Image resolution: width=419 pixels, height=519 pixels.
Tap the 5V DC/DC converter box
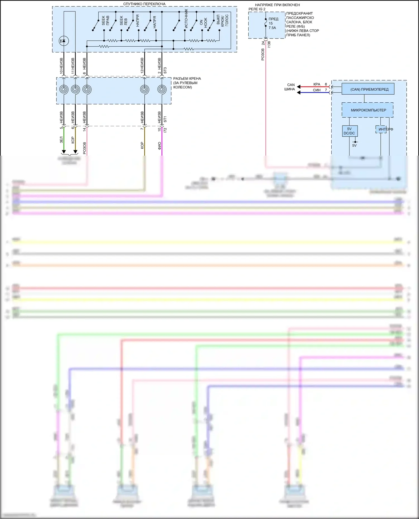pyautogui.click(x=349, y=131)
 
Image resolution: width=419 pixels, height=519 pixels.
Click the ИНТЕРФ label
pyautogui.click(x=385, y=129)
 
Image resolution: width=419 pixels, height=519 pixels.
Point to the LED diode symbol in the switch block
pyautogui.click(x=64, y=41)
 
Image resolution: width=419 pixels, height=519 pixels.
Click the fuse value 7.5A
pyautogui.click(x=272, y=28)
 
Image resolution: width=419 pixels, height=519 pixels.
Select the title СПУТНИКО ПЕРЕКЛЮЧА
pyautogui.click(x=144, y=4)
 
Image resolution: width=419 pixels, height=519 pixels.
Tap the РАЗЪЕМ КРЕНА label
pyautogui.click(x=187, y=79)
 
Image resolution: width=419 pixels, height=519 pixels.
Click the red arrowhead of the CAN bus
pyautogui.click(x=298, y=87)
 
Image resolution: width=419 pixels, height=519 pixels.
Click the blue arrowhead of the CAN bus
pyautogui.click(x=298, y=93)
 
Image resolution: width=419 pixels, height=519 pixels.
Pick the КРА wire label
pyautogui.click(x=316, y=84)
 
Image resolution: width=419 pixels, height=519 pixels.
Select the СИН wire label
pyautogui.click(x=316, y=90)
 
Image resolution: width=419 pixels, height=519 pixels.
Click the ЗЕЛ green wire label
pyautogui.click(x=61, y=139)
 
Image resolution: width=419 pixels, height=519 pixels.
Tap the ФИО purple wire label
pyautogui.click(x=159, y=145)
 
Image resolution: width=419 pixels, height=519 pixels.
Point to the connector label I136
pyautogui.click(x=269, y=44)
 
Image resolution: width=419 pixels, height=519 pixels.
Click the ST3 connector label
pyautogui.click(x=165, y=70)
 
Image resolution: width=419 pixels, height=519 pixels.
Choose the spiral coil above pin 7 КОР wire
pyautogui.click(x=144, y=90)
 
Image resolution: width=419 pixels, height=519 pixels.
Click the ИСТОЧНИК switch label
pyautogui.click(x=186, y=18)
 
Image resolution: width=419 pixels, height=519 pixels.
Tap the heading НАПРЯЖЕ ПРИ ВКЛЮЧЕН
pyautogui.click(x=277, y=5)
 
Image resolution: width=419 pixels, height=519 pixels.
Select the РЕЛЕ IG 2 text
pyautogui.click(x=257, y=9)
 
